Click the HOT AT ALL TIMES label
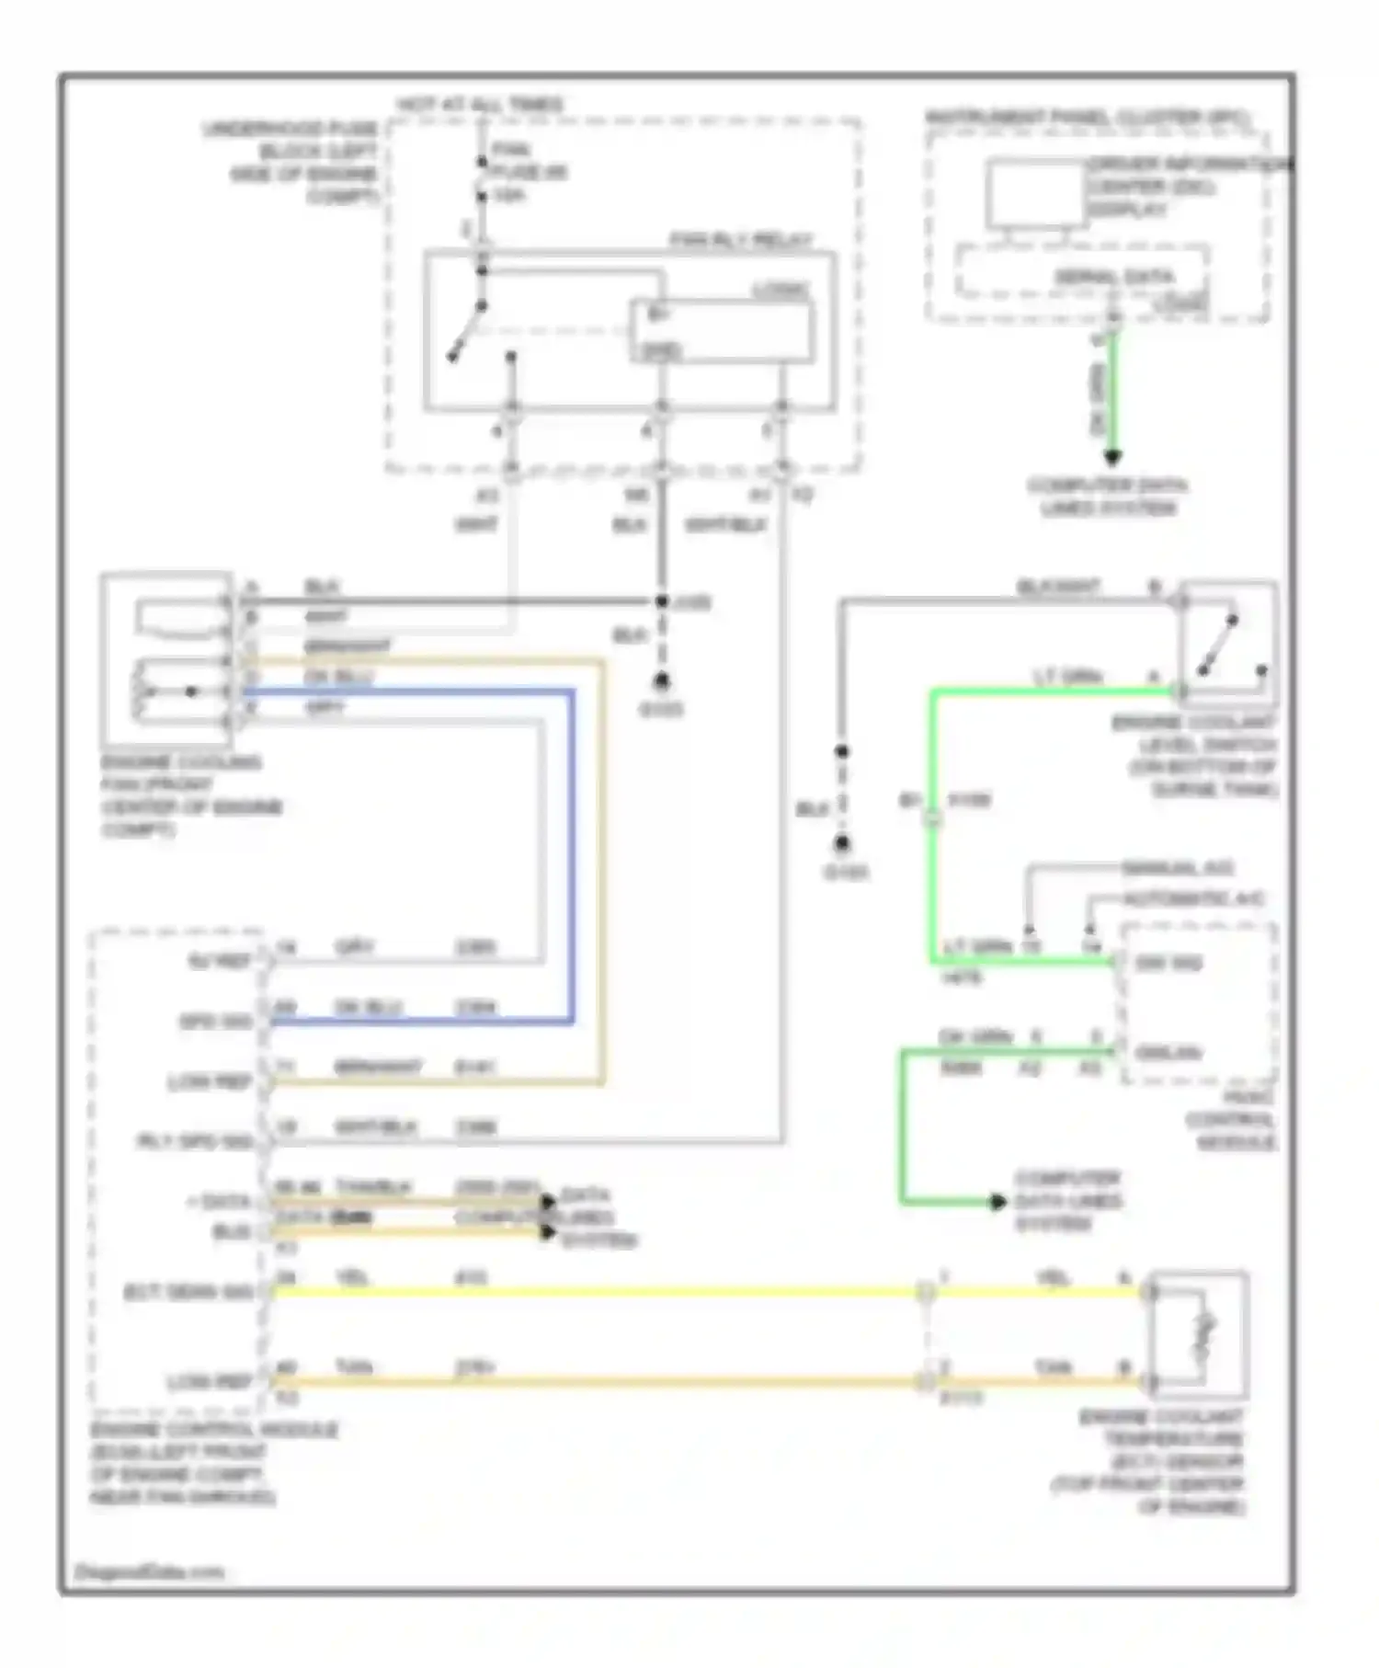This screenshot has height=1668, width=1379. [479, 105]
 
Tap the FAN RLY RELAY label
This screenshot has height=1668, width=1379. [740, 241]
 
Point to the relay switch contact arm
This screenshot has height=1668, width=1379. [467, 333]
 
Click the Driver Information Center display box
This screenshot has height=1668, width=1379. [1036, 193]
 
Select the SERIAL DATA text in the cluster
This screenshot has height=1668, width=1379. [1113, 277]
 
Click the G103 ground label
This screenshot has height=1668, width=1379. [660, 710]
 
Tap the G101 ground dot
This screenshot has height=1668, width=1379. [842, 843]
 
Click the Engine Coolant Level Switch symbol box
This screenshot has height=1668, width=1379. [1229, 644]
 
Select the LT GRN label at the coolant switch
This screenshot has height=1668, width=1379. [1067, 677]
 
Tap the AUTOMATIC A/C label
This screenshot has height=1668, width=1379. [1193, 898]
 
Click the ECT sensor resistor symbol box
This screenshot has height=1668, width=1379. [1199, 1333]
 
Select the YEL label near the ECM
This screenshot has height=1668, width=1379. [352, 1277]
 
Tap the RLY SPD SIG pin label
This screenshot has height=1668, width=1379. [194, 1141]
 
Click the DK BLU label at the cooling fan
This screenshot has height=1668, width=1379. [337, 677]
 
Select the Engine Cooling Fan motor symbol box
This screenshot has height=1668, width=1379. [166, 657]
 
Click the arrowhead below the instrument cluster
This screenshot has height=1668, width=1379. [1112, 456]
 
